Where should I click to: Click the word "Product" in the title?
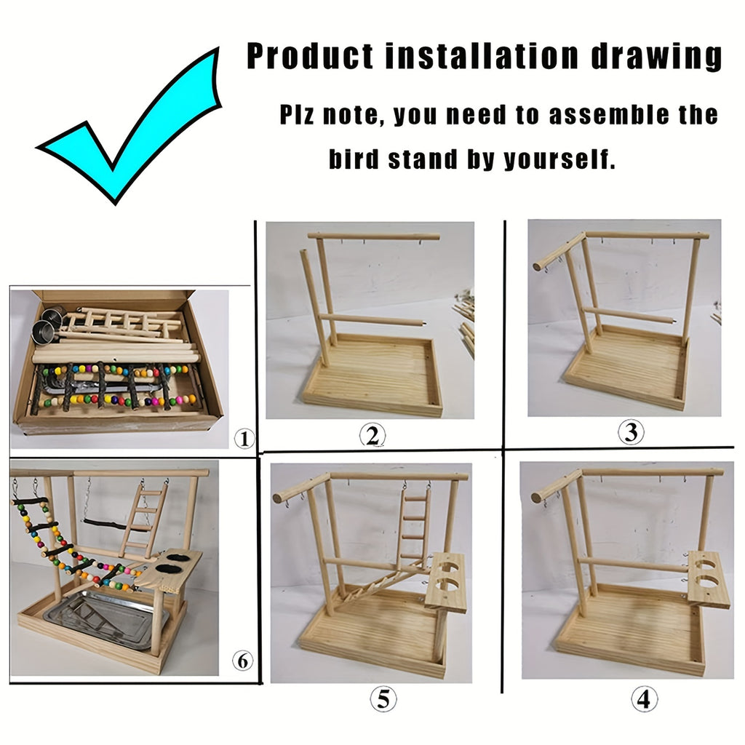tap(311, 56)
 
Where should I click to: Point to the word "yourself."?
tap(560, 159)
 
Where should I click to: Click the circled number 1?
tap(245, 439)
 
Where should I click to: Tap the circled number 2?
tap(372, 435)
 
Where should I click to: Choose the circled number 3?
tap(631, 432)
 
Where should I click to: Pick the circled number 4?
tap(642, 699)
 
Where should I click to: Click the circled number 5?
tap(383, 700)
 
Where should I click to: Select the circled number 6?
tap(244, 661)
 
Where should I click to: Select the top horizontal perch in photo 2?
tap(373, 236)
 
